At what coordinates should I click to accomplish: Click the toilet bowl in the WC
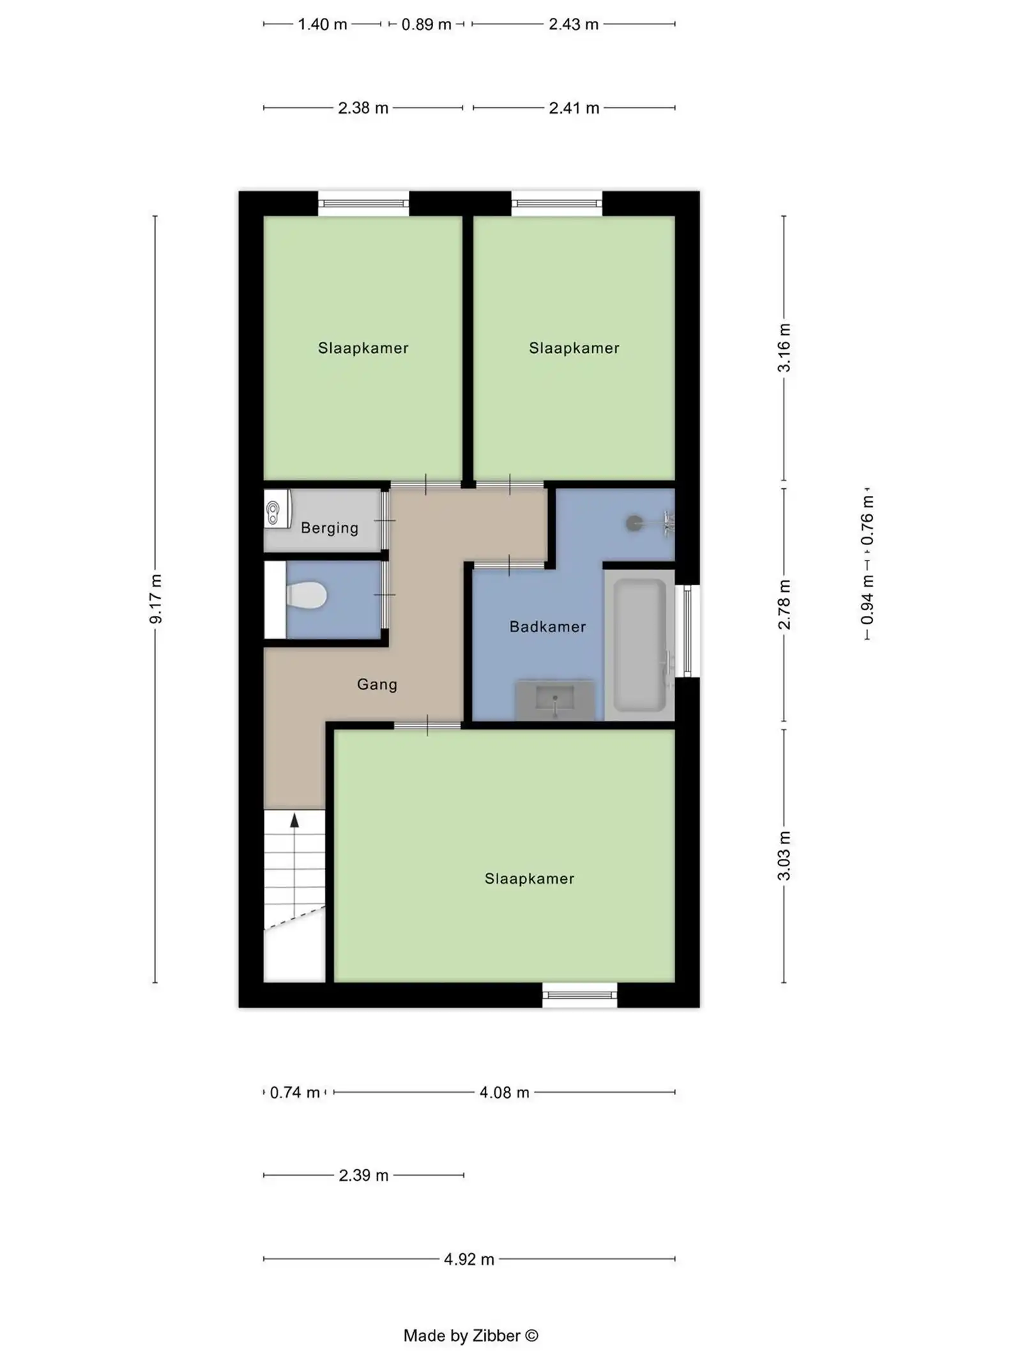pyautogui.click(x=308, y=595)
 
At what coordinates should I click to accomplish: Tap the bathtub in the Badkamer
pyautogui.click(x=639, y=645)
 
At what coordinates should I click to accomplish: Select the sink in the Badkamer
pyautogui.click(x=555, y=699)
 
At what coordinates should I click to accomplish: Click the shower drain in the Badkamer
pyautogui.click(x=634, y=523)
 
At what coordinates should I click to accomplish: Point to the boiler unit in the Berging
pyautogui.click(x=276, y=509)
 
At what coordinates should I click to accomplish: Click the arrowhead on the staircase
pyautogui.click(x=294, y=820)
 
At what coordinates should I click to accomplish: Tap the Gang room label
pyautogui.click(x=377, y=684)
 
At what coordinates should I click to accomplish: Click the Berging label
pyautogui.click(x=330, y=528)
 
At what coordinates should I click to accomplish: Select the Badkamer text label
pyautogui.click(x=547, y=627)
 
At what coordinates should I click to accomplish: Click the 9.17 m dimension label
pyautogui.click(x=155, y=599)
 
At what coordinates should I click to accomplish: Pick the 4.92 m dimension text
pyautogui.click(x=469, y=1259)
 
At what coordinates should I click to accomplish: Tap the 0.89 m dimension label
pyautogui.click(x=426, y=24)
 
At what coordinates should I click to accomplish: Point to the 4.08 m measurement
pyautogui.click(x=504, y=1092)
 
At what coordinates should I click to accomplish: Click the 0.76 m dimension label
pyautogui.click(x=867, y=520)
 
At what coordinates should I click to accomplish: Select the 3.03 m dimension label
pyautogui.click(x=784, y=856)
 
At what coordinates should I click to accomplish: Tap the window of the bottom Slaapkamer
pyautogui.click(x=579, y=994)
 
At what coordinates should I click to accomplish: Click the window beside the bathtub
pyautogui.click(x=687, y=631)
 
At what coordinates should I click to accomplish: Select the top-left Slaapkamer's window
pyautogui.click(x=363, y=204)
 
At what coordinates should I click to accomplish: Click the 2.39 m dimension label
pyautogui.click(x=363, y=1175)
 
